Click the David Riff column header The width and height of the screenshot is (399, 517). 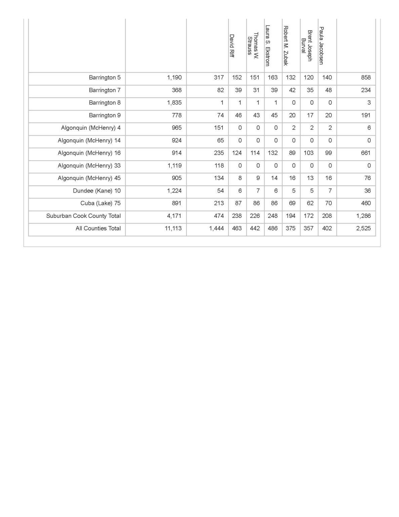click(x=232, y=46)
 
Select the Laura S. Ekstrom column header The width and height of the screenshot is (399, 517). click(x=268, y=46)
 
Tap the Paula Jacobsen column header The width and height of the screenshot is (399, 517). click(x=321, y=46)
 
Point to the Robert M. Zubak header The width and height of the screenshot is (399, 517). click(x=286, y=46)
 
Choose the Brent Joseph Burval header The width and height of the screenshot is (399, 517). click(x=307, y=46)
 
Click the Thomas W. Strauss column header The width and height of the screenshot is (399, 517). click(x=253, y=46)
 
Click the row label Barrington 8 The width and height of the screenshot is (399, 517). click(x=105, y=103)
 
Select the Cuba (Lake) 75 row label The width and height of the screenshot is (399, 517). click(x=100, y=203)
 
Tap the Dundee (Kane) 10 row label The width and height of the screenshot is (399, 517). click(x=96, y=191)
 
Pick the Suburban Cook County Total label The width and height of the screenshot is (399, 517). click(x=83, y=216)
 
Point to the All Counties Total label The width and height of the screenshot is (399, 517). click(x=98, y=229)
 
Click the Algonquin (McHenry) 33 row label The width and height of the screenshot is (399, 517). click(x=89, y=166)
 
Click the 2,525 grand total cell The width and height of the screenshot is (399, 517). click(x=363, y=229)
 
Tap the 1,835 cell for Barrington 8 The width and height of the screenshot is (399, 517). click(x=174, y=103)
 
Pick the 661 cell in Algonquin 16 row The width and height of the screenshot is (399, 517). click(x=366, y=153)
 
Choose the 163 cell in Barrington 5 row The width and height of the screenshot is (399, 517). click(x=273, y=78)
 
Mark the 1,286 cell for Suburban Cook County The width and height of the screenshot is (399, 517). click(x=363, y=216)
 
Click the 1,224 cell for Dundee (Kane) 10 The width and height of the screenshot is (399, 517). click(x=174, y=191)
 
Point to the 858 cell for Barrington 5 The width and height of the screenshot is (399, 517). click(x=366, y=78)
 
